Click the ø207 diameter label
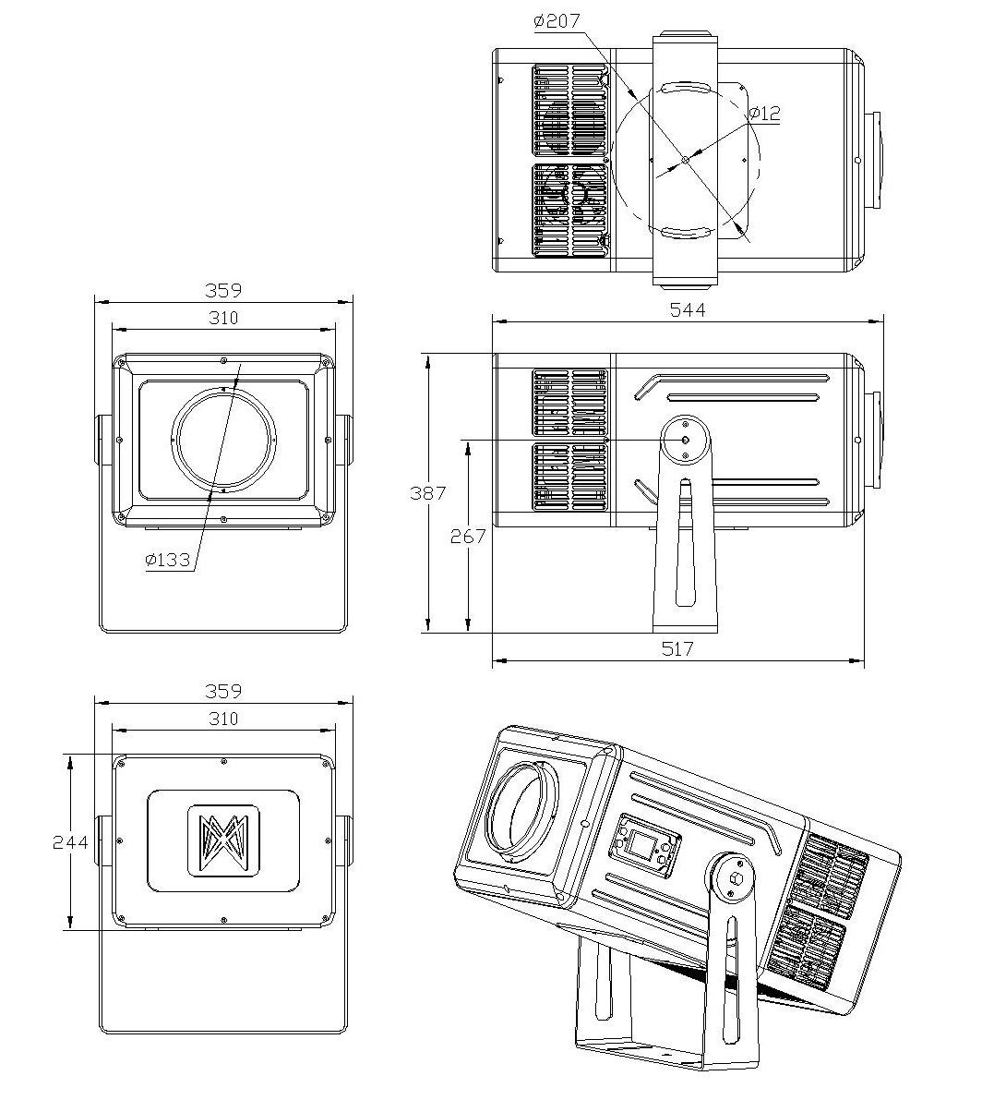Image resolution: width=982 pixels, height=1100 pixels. click(557, 21)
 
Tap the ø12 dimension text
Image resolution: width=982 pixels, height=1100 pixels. click(764, 113)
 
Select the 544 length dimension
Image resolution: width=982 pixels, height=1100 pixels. click(688, 309)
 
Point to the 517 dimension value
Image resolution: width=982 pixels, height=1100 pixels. click(677, 649)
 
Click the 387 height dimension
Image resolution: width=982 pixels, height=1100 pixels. click(427, 493)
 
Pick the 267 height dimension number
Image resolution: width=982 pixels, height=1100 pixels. click(468, 536)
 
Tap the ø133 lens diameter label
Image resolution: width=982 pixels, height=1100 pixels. click(168, 559)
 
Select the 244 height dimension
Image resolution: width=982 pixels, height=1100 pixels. click(71, 841)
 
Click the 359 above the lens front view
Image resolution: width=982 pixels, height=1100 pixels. click(223, 290)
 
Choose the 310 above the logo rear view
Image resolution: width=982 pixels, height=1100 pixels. click(223, 719)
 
